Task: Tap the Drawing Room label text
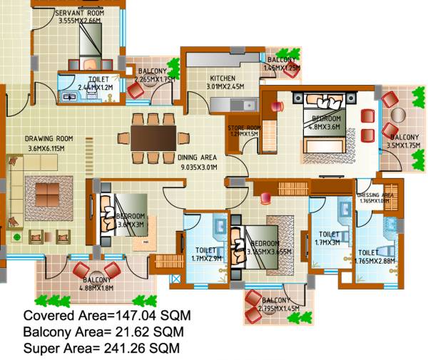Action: pyautogui.click(x=49, y=143)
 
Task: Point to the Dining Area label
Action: pyautogui.click(x=197, y=162)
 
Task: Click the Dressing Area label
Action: pyautogui.click(x=375, y=197)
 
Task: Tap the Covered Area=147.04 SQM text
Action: pyautogui.click(x=107, y=316)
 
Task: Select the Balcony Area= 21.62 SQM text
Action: pyautogui.click(x=103, y=332)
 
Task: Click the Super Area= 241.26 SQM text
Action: pyautogui.click(x=101, y=349)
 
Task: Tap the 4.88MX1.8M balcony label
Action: pyautogui.click(x=97, y=284)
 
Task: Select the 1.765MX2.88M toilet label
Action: pyautogui.click(x=375, y=257)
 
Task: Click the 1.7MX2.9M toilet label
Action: pyautogui.click(x=206, y=254)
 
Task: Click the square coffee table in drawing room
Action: pyautogui.click(x=48, y=192)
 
